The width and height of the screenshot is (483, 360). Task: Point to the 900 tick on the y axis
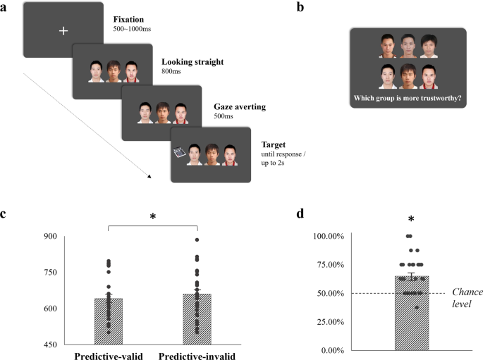[x=49, y=236]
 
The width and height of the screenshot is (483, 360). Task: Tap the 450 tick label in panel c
[x=49, y=345]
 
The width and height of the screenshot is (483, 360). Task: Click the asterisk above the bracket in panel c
[x=153, y=217]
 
